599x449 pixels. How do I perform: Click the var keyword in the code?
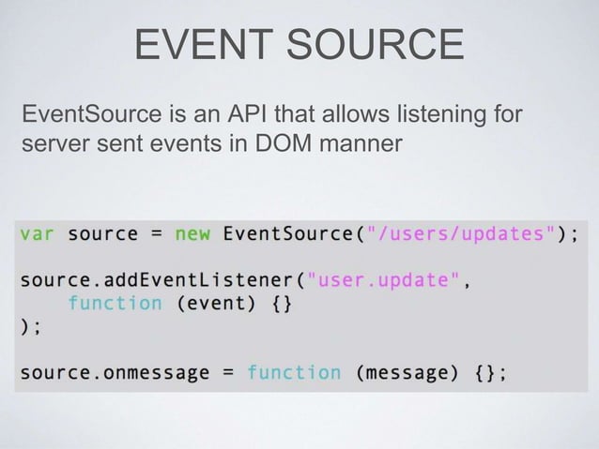[x=37, y=232]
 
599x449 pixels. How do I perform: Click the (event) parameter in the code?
[x=217, y=303]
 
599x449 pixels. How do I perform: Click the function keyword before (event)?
[x=115, y=303]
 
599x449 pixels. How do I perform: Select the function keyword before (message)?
[x=294, y=373]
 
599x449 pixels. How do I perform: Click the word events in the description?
[x=192, y=146]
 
